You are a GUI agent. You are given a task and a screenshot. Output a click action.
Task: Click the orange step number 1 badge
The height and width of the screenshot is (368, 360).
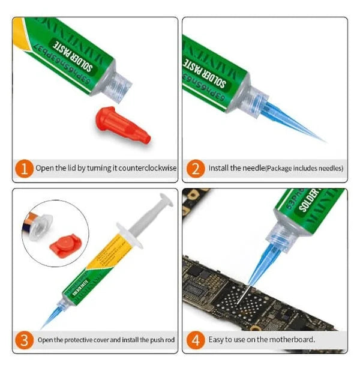click(23, 169)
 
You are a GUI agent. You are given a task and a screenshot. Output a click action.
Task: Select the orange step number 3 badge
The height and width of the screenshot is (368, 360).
click(23, 340)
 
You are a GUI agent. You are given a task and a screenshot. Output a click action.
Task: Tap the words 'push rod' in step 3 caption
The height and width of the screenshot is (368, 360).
click(163, 340)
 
